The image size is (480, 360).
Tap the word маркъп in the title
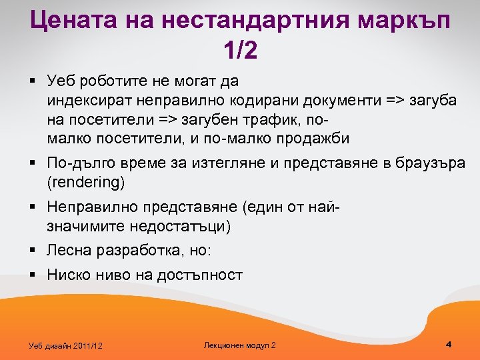coord(404,21)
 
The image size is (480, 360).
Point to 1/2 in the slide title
coord(240,51)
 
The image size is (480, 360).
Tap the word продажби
coord(315,139)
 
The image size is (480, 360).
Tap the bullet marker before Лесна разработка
coord(33,250)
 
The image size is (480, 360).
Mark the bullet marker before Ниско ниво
coord(33,274)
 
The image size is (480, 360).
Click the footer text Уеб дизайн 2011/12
coord(67,345)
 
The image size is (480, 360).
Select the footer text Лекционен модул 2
coord(239,345)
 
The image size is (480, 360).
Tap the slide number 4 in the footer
coord(449,344)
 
